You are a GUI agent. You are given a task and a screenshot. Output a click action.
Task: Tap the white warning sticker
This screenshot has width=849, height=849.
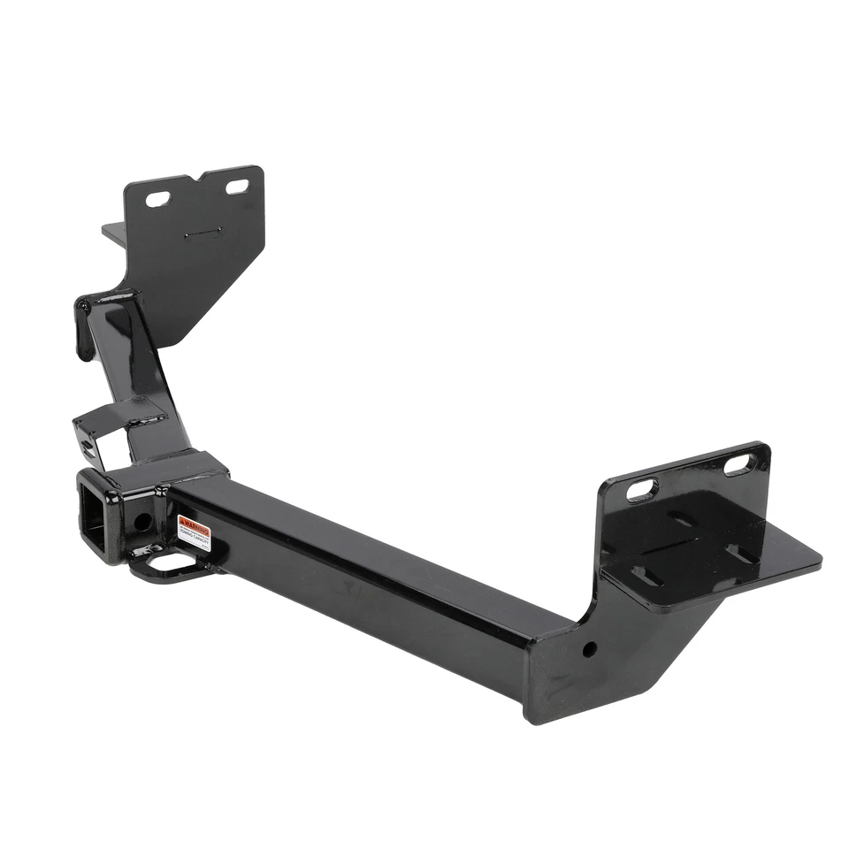pyautogui.click(x=194, y=532)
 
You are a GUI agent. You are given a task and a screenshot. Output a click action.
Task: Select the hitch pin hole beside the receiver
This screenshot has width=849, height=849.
pyautogui.click(x=141, y=521)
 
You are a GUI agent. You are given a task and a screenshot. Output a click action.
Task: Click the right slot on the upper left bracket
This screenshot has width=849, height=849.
pyautogui.click(x=237, y=187)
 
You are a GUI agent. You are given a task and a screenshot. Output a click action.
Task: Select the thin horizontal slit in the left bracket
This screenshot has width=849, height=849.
pyautogui.click(x=203, y=234)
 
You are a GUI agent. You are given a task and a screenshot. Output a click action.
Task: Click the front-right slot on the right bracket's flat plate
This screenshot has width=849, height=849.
pyautogui.click(x=741, y=554)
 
